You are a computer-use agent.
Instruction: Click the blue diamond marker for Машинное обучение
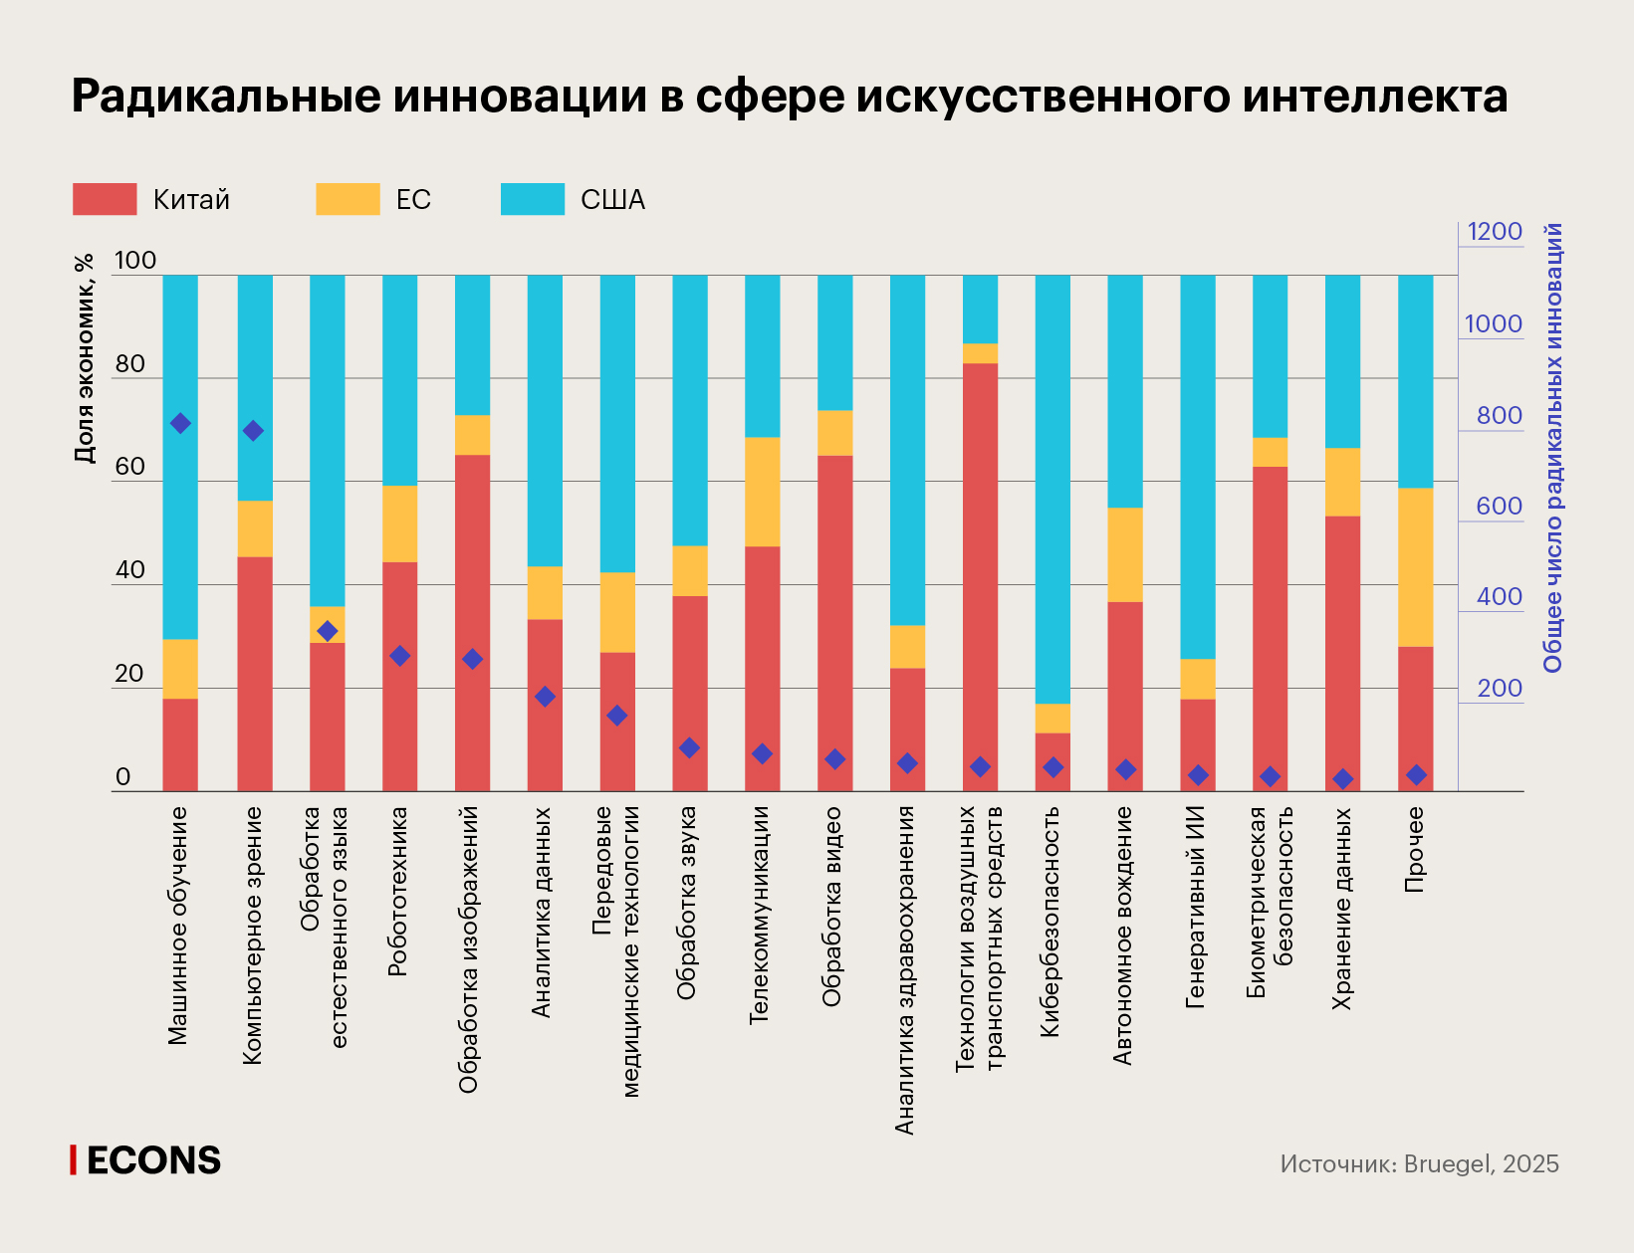click(180, 423)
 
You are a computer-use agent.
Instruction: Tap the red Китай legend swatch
click(105, 199)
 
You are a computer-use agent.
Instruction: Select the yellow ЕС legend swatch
click(348, 199)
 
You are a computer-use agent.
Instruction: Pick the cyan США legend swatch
click(533, 199)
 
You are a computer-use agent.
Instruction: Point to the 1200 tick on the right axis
click(1495, 232)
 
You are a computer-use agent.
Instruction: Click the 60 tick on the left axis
click(129, 467)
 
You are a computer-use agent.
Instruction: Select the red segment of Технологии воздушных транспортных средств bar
click(980, 577)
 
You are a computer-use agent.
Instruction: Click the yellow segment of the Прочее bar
click(1415, 567)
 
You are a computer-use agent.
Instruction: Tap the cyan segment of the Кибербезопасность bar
click(1052, 488)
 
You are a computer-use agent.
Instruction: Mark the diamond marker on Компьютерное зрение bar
click(253, 431)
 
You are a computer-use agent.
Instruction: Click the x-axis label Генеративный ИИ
click(1197, 907)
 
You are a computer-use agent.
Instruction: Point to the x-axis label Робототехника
click(398, 891)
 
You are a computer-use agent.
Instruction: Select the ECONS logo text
click(152, 1160)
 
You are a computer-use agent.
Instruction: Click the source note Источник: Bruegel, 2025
click(1419, 1164)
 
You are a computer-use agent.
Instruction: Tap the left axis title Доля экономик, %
click(85, 358)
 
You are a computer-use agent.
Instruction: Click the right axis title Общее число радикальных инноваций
click(1553, 448)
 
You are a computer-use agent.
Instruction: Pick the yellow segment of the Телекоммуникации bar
click(763, 492)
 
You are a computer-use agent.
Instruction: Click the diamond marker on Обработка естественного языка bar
click(327, 631)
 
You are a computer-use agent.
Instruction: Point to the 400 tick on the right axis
click(1499, 597)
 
